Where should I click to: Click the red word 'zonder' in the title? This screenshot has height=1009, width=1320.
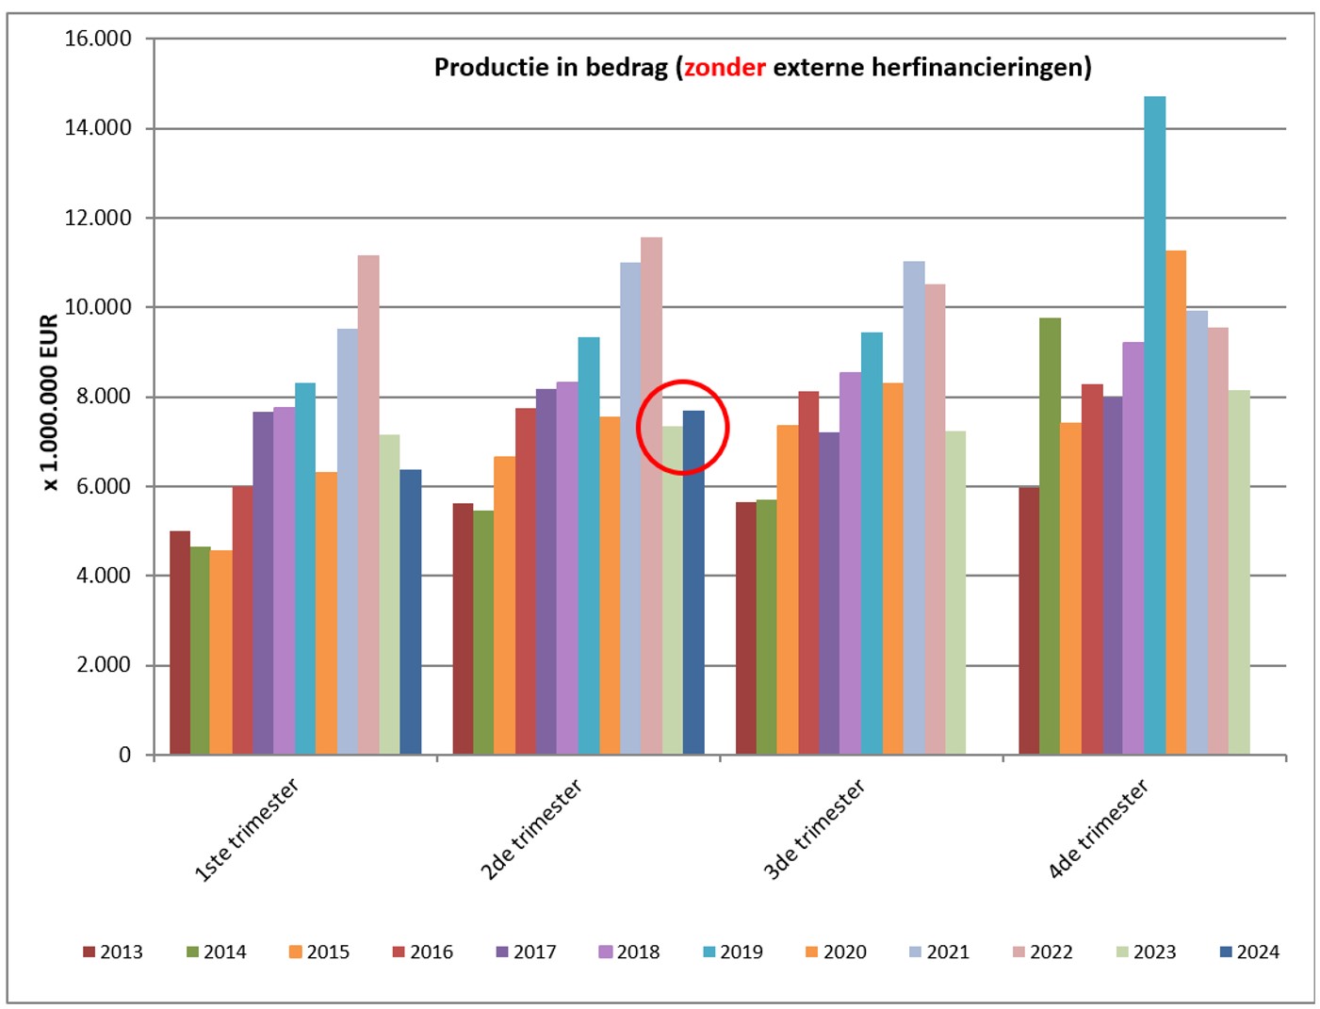(725, 68)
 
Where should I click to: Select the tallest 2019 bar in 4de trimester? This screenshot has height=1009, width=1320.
(1154, 424)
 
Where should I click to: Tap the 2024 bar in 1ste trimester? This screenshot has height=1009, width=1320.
(410, 612)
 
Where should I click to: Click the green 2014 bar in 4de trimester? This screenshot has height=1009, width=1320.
(1050, 537)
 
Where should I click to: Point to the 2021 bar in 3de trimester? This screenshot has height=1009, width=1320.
(914, 509)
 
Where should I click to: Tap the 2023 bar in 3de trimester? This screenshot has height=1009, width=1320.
(955, 594)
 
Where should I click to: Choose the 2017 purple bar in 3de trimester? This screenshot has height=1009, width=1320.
(829, 594)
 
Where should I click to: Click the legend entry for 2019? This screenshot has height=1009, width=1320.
(732, 952)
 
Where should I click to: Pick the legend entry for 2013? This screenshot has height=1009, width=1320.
(112, 952)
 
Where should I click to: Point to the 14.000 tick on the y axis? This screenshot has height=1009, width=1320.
(98, 128)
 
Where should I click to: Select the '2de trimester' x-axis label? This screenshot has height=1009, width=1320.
(531, 829)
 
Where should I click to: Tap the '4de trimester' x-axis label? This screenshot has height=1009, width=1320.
(1099, 829)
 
